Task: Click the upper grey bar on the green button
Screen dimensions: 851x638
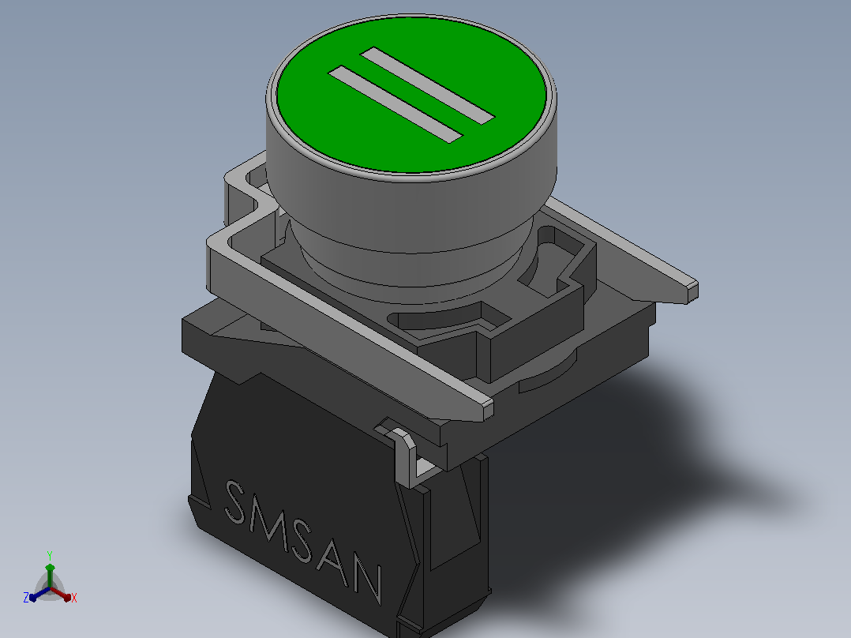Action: pyautogui.click(x=427, y=84)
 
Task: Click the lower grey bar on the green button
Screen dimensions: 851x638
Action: pyautogui.click(x=396, y=105)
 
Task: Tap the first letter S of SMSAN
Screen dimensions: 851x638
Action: pyautogui.click(x=236, y=502)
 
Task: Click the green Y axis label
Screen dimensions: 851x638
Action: pyautogui.click(x=50, y=556)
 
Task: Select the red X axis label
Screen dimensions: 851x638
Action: pyautogui.click(x=74, y=598)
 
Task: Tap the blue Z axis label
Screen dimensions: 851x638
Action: pyautogui.click(x=26, y=598)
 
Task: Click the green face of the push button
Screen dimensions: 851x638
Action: pyautogui.click(x=411, y=96)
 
